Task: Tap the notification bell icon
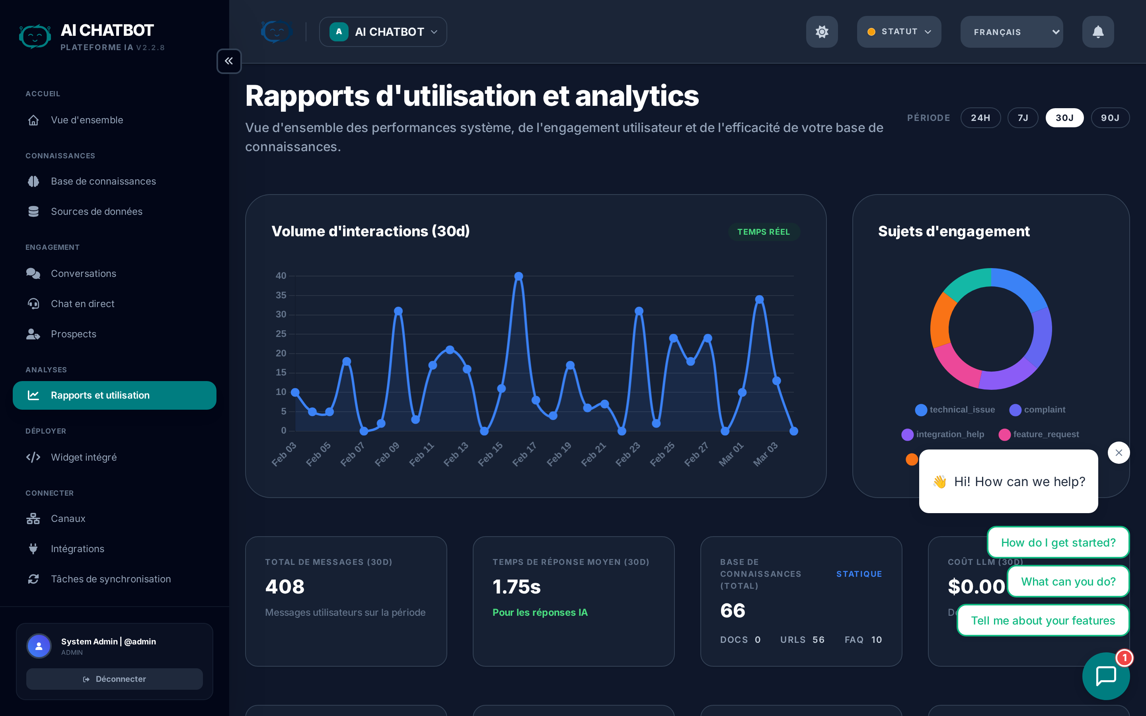[x=1098, y=32]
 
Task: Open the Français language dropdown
[x=1011, y=32]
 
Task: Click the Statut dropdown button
[x=898, y=32]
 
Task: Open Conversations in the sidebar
[x=83, y=274]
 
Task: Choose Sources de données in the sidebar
[x=96, y=212]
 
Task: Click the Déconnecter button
[x=114, y=679]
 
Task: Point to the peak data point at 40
[x=518, y=276]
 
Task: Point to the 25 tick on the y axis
[x=281, y=334]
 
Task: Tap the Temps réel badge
[x=763, y=232]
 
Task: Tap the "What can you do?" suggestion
[x=1068, y=582]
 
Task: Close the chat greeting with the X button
[x=1119, y=453]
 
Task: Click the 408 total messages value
[x=285, y=587]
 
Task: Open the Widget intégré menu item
[x=83, y=457]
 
